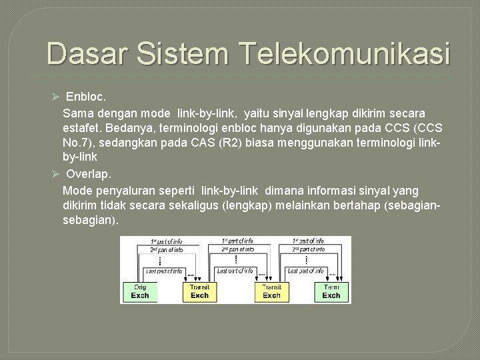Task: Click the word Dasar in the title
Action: point(85,53)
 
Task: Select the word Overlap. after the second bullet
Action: point(89,174)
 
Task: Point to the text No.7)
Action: point(79,143)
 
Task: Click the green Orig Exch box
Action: point(139,291)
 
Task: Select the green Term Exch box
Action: point(331,291)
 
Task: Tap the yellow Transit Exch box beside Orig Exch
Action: point(199,291)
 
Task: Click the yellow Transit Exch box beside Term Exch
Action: point(272,291)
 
